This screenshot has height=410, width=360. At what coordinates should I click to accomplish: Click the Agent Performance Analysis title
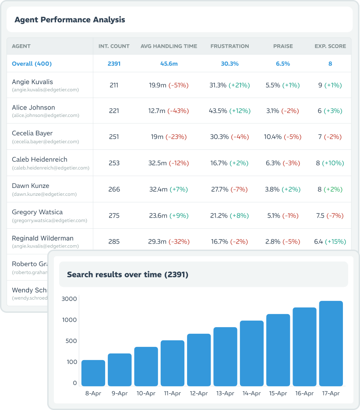pyautogui.click(x=70, y=20)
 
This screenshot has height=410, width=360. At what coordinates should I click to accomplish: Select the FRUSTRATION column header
pyautogui.click(x=229, y=46)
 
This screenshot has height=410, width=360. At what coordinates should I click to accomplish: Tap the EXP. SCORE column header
pyautogui.click(x=330, y=46)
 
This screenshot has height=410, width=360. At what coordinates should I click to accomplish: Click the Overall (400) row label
pyautogui.click(x=32, y=64)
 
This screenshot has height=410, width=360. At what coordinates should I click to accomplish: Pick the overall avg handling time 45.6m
pyautogui.click(x=169, y=64)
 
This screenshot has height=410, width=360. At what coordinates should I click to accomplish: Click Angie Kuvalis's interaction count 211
pyautogui.click(x=114, y=85)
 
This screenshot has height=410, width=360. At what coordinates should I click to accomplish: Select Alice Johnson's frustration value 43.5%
pyautogui.click(x=219, y=111)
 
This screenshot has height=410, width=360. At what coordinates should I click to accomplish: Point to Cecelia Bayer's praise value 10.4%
pyautogui.click(x=273, y=137)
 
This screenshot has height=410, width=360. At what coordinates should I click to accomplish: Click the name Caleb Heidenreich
pyautogui.click(x=39, y=159)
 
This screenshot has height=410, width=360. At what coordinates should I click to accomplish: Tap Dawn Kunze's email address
pyautogui.click(x=44, y=194)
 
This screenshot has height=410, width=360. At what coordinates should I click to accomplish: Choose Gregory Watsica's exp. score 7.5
pyautogui.click(x=321, y=216)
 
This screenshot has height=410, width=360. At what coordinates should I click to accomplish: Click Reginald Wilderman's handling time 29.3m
pyautogui.click(x=157, y=241)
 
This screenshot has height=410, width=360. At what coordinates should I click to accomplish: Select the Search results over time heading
pyautogui.click(x=127, y=275)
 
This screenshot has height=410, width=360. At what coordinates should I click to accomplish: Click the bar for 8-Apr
pyautogui.click(x=93, y=373)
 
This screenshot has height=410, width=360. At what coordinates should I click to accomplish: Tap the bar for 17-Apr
pyautogui.click(x=331, y=343)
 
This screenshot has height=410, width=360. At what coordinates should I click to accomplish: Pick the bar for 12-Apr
pyautogui.click(x=199, y=360)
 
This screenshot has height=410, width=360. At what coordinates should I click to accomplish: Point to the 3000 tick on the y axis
pyautogui.click(x=70, y=299)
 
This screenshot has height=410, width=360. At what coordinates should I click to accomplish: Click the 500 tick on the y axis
pyautogui.click(x=71, y=341)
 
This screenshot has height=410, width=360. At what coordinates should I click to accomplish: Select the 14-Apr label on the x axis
pyautogui.click(x=251, y=393)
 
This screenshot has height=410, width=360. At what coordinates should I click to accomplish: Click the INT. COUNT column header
pyautogui.click(x=114, y=46)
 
